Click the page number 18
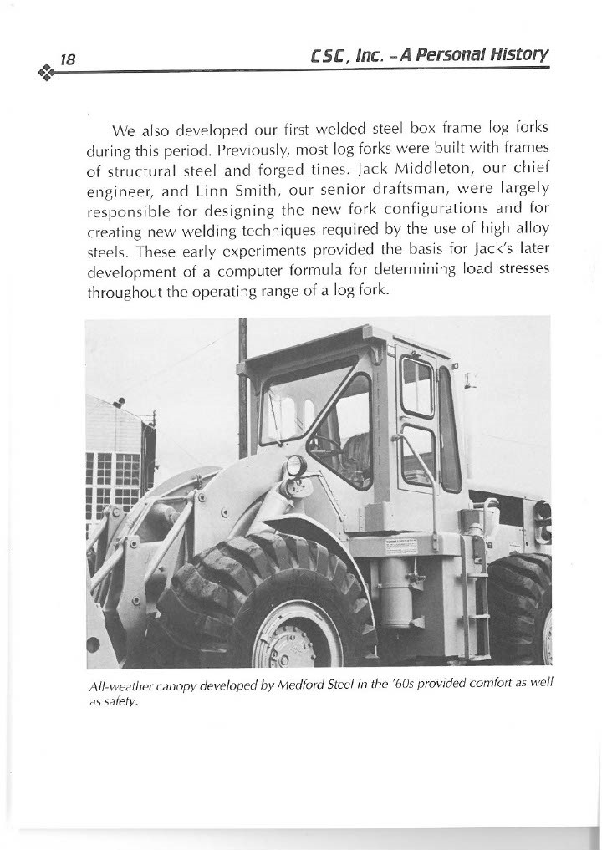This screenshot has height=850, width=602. pos(68,59)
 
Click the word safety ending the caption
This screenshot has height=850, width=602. pos(118,702)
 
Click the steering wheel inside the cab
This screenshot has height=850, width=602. pos(327,443)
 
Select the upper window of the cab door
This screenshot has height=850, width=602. pos(416,385)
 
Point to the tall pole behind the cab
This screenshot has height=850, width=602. pos(242,384)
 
